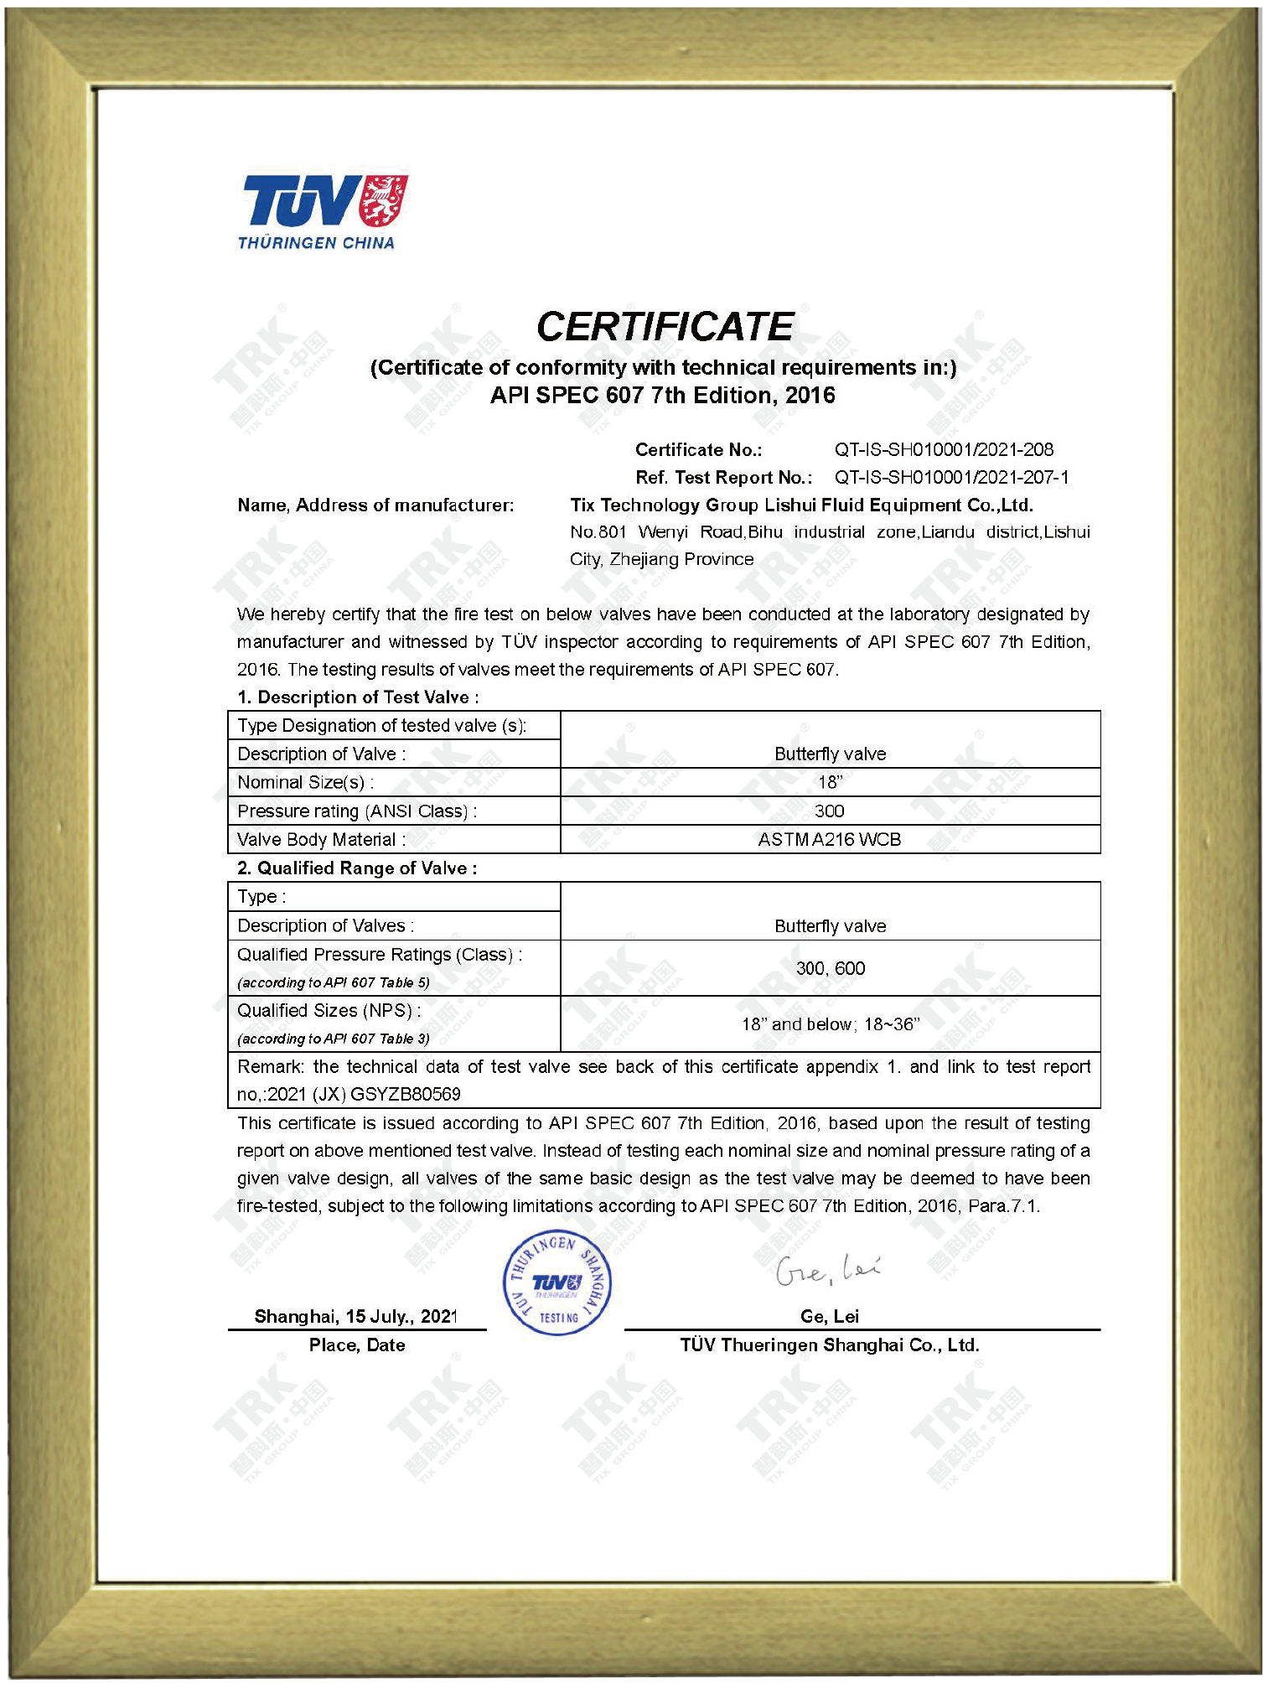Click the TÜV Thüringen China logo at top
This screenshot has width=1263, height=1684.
324,212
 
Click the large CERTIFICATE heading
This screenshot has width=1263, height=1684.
665,327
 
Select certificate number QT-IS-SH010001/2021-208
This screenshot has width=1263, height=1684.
944,449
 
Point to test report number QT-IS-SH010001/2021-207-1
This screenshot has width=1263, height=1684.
951,477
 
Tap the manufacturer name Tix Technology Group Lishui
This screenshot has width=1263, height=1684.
800,505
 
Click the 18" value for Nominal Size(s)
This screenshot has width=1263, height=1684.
830,782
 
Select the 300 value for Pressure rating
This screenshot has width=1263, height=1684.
830,811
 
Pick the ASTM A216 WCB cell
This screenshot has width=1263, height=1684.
830,839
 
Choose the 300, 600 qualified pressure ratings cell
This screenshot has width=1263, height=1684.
830,968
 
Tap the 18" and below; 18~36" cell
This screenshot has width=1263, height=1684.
830,1023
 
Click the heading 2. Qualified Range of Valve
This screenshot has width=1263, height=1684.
357,868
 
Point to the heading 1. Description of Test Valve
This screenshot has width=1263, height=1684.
358,697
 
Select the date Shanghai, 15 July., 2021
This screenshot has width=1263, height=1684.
356,1316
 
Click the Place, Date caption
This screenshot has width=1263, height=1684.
357,1345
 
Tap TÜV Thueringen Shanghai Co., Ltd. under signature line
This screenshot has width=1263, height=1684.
830,1345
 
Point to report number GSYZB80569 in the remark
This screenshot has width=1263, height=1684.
406,1094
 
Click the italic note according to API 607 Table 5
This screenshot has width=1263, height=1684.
334,982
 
